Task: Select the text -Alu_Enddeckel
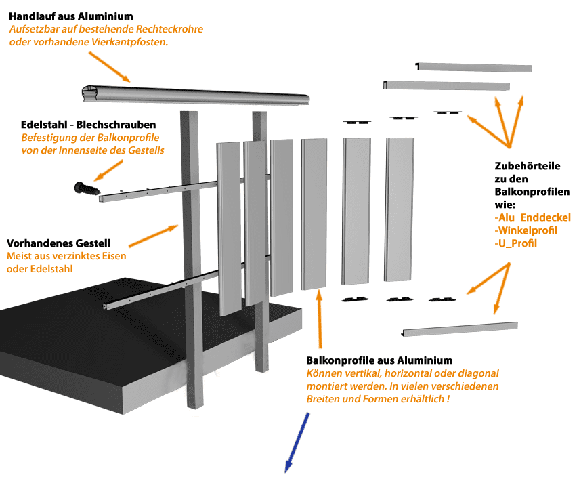coord(533,217)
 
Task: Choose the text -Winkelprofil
coord(526,230)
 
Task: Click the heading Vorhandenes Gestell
coord(59,243)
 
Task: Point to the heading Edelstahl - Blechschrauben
coord(89,125)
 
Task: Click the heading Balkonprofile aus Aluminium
coord(379,360)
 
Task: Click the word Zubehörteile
coord(528,166)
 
